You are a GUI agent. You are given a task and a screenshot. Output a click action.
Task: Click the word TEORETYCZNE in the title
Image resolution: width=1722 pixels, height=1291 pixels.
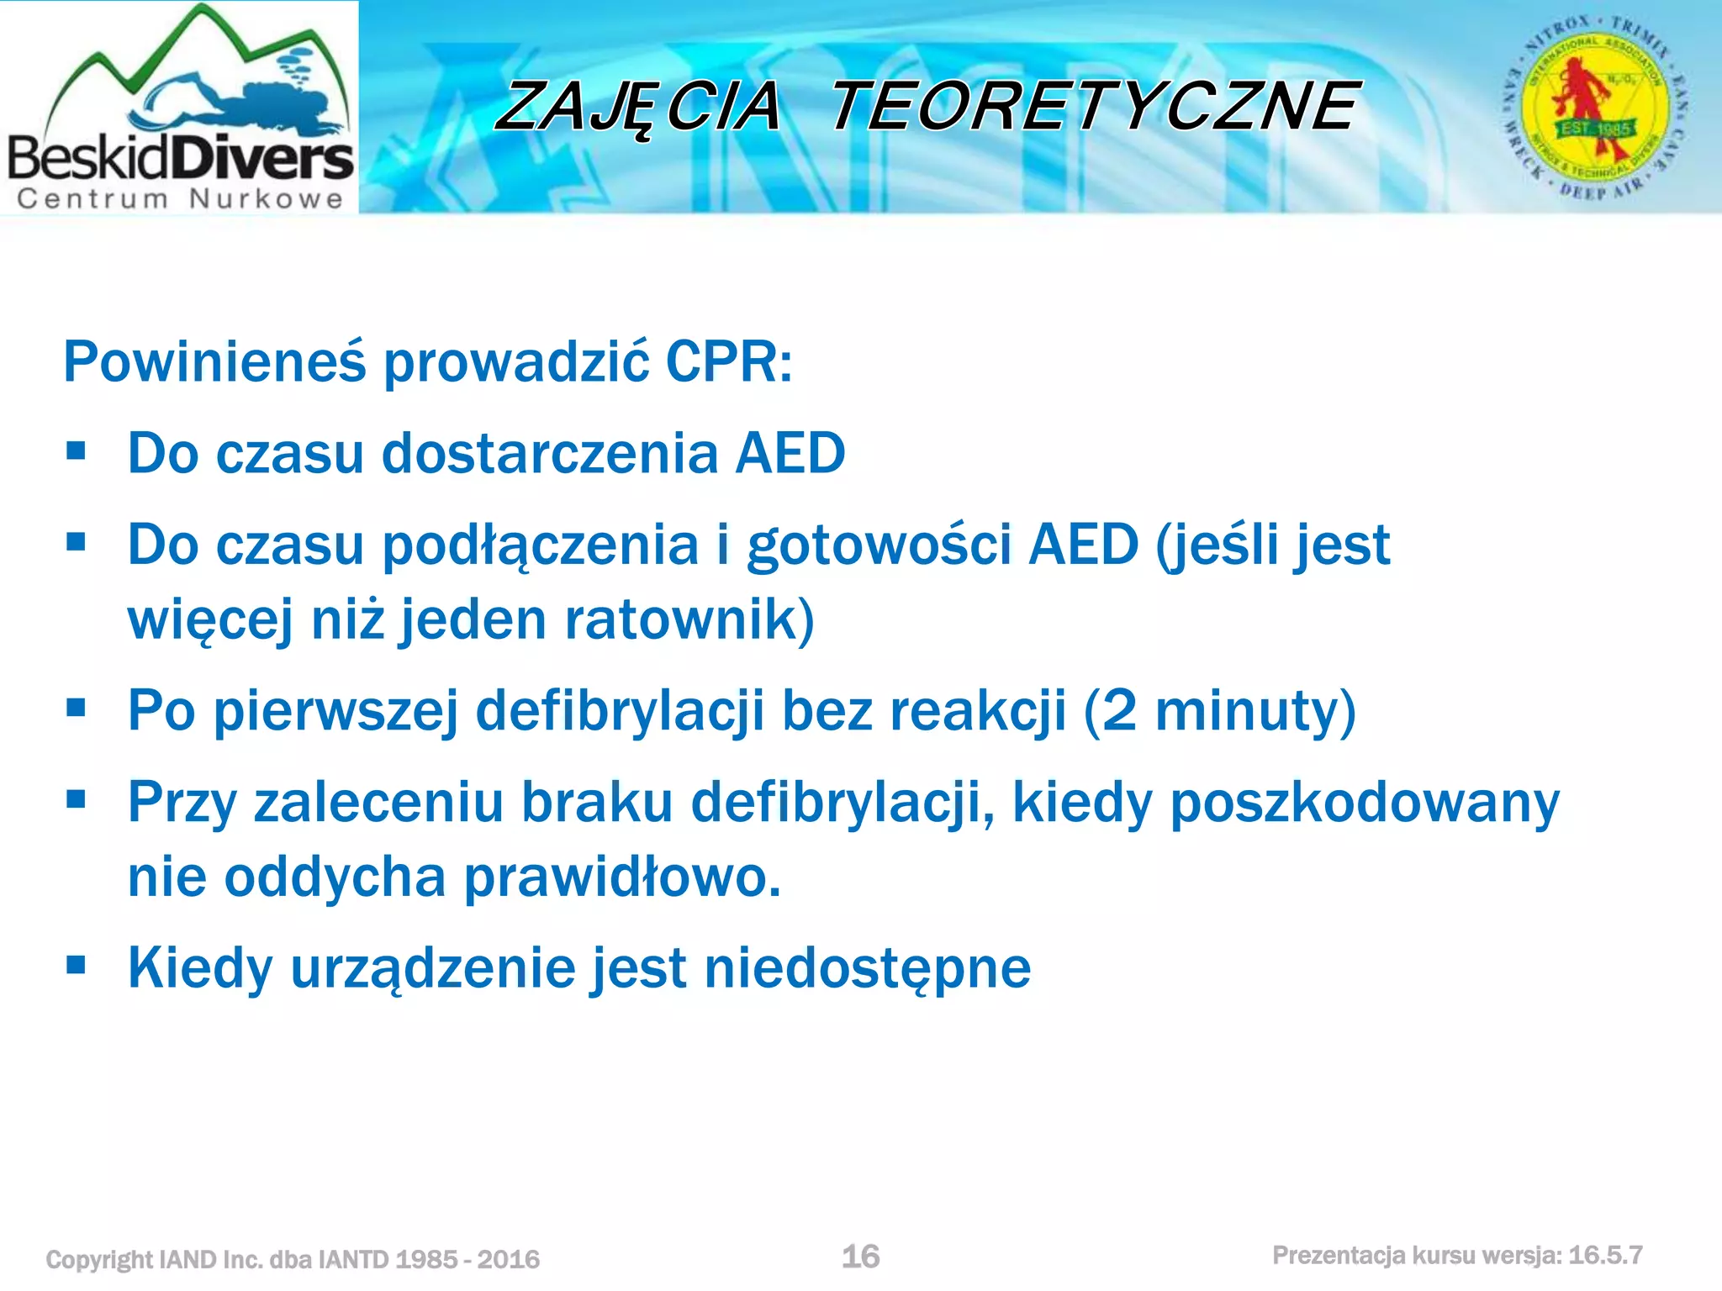pos(1094,107)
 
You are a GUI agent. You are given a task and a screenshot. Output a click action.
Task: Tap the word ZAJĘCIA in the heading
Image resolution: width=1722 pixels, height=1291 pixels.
pos(639,108)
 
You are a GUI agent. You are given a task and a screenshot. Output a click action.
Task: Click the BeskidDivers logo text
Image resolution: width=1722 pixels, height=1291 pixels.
pos(180,158)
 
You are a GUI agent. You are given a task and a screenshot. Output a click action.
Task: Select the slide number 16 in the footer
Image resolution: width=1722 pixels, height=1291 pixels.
pos(860,1257)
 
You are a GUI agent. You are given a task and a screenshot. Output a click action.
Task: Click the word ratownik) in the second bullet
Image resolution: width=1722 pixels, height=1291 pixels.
pos(689,619)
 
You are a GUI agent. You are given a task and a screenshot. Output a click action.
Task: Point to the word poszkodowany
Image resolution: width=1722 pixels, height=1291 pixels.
pos(1364,803)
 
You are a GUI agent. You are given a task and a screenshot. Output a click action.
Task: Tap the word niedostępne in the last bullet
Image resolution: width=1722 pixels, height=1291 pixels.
pos(867,968)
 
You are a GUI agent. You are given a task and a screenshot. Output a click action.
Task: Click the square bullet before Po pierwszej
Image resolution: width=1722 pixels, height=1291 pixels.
pos(77,709)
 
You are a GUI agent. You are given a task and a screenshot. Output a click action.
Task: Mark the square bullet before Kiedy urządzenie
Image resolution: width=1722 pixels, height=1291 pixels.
pos(77,966)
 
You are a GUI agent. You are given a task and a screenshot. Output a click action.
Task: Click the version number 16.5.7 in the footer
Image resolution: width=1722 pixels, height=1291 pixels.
pos(1605,1256)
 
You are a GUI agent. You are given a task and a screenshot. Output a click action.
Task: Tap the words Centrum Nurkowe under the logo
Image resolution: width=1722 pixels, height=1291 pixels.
pos(180,199)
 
